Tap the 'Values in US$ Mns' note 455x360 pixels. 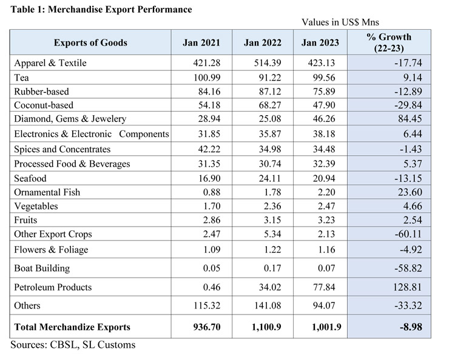click(340, 22)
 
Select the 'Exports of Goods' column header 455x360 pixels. click(90, 42)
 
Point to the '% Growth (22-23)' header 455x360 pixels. click(389, 42)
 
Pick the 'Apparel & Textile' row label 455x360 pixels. click(50, 63)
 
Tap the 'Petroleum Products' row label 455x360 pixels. click(53, 287)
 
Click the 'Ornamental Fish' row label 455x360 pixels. click(47, 192)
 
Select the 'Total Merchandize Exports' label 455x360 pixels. click(72, 327)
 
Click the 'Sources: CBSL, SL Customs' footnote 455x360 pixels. click(73, 345)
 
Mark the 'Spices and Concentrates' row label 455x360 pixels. click(62, 149)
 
